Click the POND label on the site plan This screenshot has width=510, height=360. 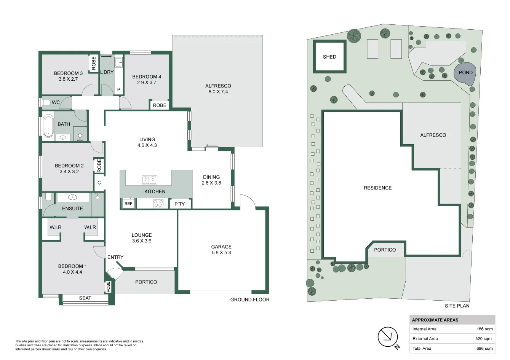pos(465,73)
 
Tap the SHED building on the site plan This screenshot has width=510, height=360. pos(329,57)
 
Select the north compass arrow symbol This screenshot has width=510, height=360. pos(388,337)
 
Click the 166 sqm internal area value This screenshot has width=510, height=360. pos(484,329)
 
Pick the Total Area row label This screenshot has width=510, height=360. pos(422,348)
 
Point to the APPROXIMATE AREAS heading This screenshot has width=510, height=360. pos(435,320)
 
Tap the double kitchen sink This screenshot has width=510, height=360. pos(149,180)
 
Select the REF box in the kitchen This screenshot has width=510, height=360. pos(128,204)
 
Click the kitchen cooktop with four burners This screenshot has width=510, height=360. pos(158,204)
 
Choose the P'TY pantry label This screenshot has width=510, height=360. pos(179,204)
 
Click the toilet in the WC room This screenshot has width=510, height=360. pos(46,103)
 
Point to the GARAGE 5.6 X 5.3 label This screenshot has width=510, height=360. pos(221,250)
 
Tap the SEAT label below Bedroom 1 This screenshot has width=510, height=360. pos(85,298)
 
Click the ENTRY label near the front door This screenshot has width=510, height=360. pos(115,257)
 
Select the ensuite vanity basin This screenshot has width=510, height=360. pos(72,197)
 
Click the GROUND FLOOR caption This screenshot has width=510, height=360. pos(249,300)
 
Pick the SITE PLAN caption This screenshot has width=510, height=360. pos(457,306)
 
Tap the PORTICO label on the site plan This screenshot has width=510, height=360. pos(385,250)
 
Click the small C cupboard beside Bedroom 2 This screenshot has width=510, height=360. pos(99,183)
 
